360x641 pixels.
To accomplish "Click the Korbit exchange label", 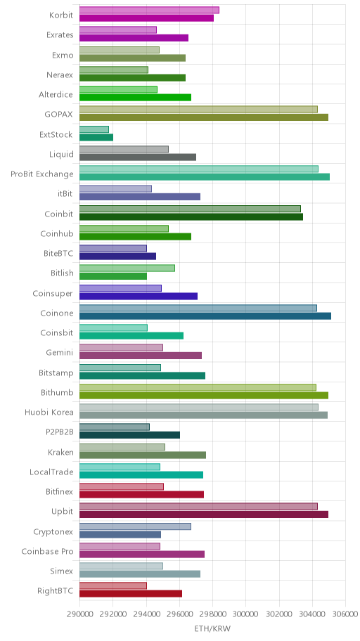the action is coord(61,15).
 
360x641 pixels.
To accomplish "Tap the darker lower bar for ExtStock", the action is coord(96,137).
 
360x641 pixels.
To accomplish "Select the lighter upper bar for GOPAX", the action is coord(198,109).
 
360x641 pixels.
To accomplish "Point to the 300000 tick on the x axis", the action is coord(246,614).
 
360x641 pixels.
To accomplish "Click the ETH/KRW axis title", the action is coord(212,629).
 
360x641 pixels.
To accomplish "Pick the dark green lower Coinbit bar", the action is coord(191,216).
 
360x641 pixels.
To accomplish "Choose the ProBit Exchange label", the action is coord(42,174).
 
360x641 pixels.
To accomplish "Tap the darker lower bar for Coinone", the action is coord(205,316).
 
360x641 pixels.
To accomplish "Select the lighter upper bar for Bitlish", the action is coord(127,268).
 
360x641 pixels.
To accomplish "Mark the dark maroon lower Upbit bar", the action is coord(204,514).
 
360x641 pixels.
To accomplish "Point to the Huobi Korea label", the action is coord(49,412).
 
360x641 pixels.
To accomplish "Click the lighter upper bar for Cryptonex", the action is coord(135,526).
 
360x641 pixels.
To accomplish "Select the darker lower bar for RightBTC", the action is coord(131,594).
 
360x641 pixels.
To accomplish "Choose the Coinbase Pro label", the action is coord(47,552).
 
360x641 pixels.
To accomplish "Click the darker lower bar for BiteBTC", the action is coord(117,257).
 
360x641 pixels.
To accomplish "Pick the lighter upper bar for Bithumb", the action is coord(198,387).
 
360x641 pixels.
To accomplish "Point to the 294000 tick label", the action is coord(146,614).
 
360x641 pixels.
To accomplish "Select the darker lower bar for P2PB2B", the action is coord(129,435).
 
